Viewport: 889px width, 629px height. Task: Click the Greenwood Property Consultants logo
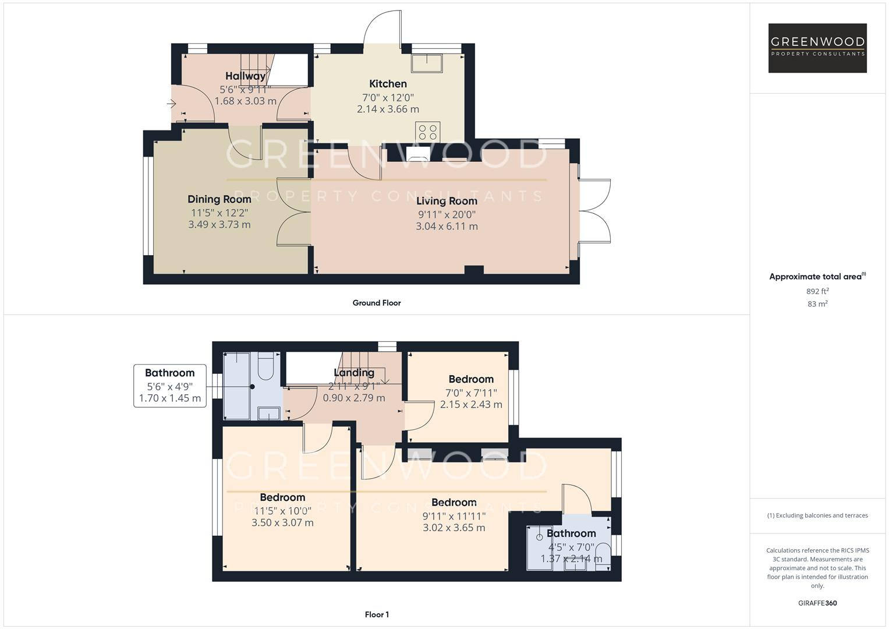pyautogui.click(x=817, y=48)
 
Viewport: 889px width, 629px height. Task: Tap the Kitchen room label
pyautogui.click(x=388, y=84)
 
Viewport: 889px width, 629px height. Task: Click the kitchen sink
pyautogui.click(x=427, y=62)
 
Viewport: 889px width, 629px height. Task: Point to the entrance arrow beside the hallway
pyautogui.click(x=171, y=104)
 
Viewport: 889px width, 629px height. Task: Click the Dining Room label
pyautogui.click(x=219, y=199)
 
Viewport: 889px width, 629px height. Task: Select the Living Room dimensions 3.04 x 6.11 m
pyautogui.click(x=447, y=227)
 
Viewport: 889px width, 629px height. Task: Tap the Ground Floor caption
pyautogui.click(x=377, y=303)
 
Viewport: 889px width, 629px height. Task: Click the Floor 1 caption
pyautogui.click(x=377, y=614)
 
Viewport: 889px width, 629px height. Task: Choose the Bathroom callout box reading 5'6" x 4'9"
pyautogui.click(x=169, y=386)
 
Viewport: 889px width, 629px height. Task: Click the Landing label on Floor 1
pyautogui.click(x=354, y=373)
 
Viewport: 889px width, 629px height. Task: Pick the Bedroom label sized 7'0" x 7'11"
pyautogui.click(x=470, y=379)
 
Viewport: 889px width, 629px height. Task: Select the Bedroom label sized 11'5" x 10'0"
pyautogui.click(x=282, y=497)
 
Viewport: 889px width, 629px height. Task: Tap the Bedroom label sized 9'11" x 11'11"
pyautogui.click(x=454, y=503)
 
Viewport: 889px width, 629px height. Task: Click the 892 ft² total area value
pyautogui.click(x=817, y=291)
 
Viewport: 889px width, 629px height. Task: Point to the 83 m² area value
pyautogui.click(x=817, y=304)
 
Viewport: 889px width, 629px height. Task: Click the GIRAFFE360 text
pyautogui.click(x=817, y=603)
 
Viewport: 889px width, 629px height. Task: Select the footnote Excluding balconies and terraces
pyautogui.click(x=817, y=515)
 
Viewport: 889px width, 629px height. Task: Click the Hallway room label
pyautogui.click(x=245, y=76)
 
